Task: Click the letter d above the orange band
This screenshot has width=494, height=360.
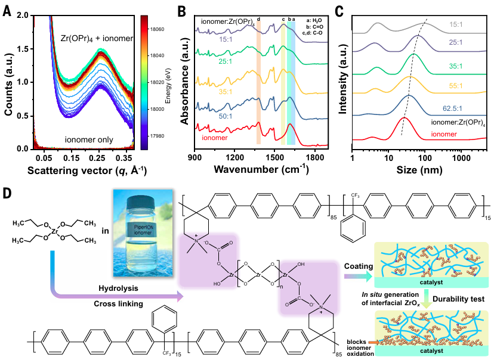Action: pyautogui.click(x=258, y=20)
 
